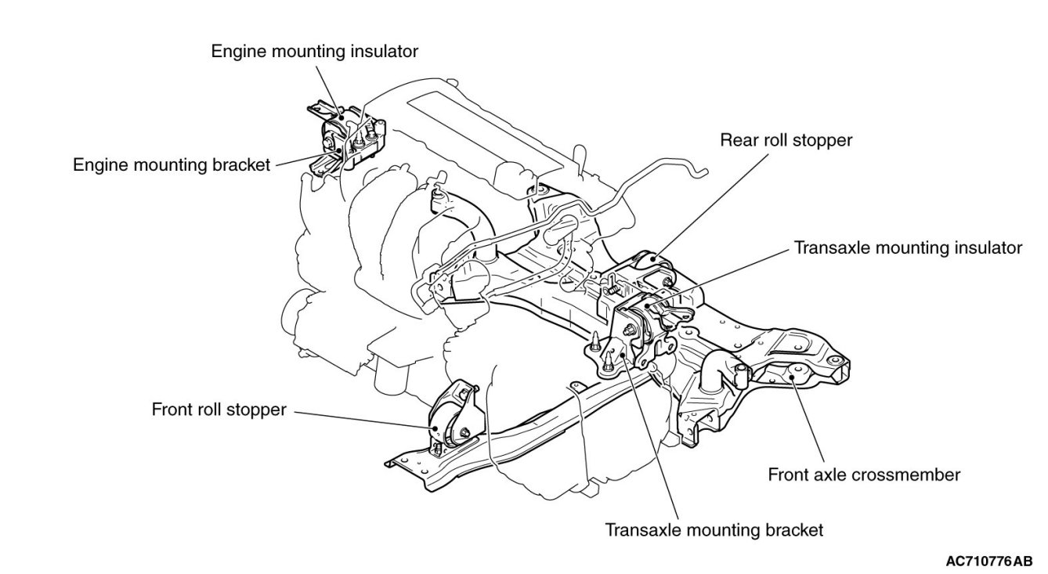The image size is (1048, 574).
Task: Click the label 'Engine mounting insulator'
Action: coord(314,52)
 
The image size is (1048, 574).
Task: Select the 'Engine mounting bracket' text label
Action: coord(172,164)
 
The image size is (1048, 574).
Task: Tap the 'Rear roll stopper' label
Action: coord(786,140)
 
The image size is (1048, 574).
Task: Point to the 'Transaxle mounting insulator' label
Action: coord(908,248)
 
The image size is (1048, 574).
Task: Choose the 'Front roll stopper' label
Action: coord(219,410)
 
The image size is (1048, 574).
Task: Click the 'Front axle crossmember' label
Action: coord(864,475)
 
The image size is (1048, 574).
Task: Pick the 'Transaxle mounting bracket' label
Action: coord(714,530)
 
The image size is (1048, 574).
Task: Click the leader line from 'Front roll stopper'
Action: coord(364,420)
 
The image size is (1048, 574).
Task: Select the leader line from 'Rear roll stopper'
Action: coord(710,206)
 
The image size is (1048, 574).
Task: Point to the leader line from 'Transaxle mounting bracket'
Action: coord(650,436)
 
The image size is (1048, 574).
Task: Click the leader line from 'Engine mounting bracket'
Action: coord(307,158)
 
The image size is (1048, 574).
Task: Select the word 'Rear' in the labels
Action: coord(737,140)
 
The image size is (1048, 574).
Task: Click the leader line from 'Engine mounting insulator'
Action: coord(327,91)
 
